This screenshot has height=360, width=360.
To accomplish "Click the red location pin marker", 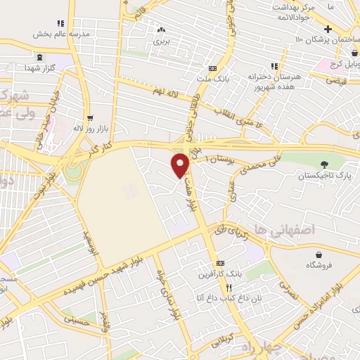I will click(x=181, y=165).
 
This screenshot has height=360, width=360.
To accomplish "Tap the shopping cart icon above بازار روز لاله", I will click(x=89, y=118).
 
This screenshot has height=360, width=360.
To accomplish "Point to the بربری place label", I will click(x=162, y=41).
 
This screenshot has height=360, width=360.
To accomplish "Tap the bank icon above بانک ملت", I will click(x=212, y=68).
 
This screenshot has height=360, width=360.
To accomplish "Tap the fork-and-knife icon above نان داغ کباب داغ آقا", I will click(x=229, y=288).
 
